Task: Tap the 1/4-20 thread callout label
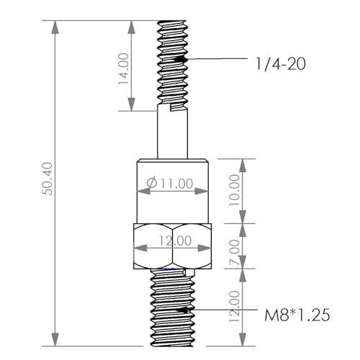[281, 64]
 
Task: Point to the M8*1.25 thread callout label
[295, 315]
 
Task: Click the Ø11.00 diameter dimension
[169, 184]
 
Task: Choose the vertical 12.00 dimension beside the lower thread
[235, 307]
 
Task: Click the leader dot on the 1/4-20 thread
[186, 58]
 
